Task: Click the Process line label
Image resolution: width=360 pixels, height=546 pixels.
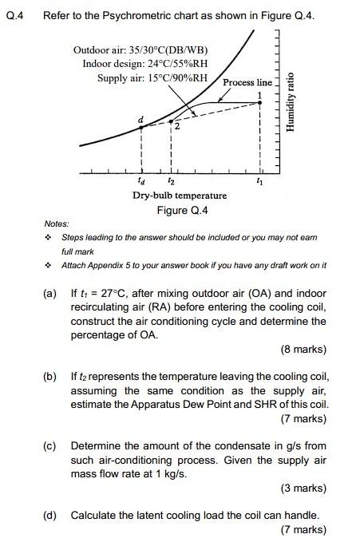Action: pyautogui.click(x=247, y=82)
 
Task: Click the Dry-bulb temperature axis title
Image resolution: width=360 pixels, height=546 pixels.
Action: pyautogui.click(x=180, y=195)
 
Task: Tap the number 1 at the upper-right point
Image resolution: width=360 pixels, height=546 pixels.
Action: pyautogui.click(x=259, y=95)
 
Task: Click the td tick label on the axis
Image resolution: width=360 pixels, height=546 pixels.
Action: pyautogui.click(x=141, y=180)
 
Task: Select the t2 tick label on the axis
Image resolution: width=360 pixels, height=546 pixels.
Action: pyautogui.click(x=172, y=180)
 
